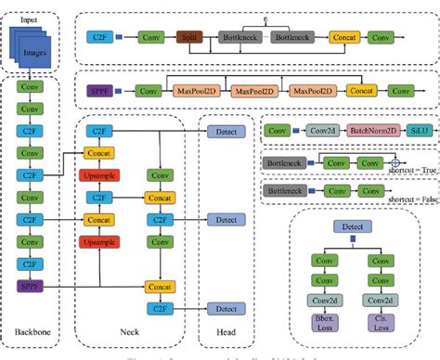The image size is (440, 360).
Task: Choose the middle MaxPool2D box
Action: tap(256, 92)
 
